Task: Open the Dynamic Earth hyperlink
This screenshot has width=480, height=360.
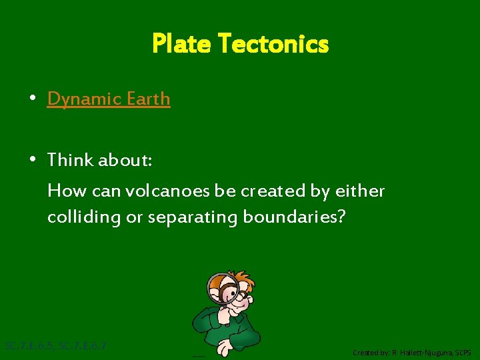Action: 109,99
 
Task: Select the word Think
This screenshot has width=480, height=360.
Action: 71,160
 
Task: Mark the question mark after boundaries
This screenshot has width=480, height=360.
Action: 341,217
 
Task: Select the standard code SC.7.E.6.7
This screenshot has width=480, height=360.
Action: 83,346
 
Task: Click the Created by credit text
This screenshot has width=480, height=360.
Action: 411,353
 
